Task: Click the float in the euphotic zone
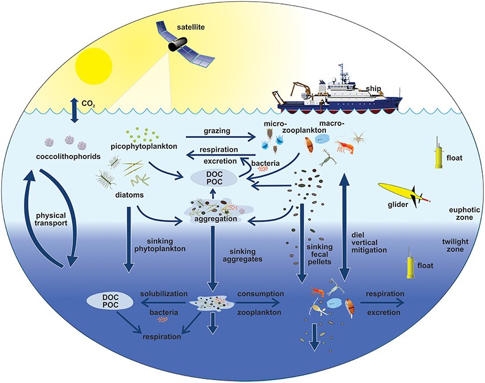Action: coord(438,154)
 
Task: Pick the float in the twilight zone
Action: coord(410,264)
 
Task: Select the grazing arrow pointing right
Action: coord(219,137)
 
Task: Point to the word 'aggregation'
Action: coord(213,219)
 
